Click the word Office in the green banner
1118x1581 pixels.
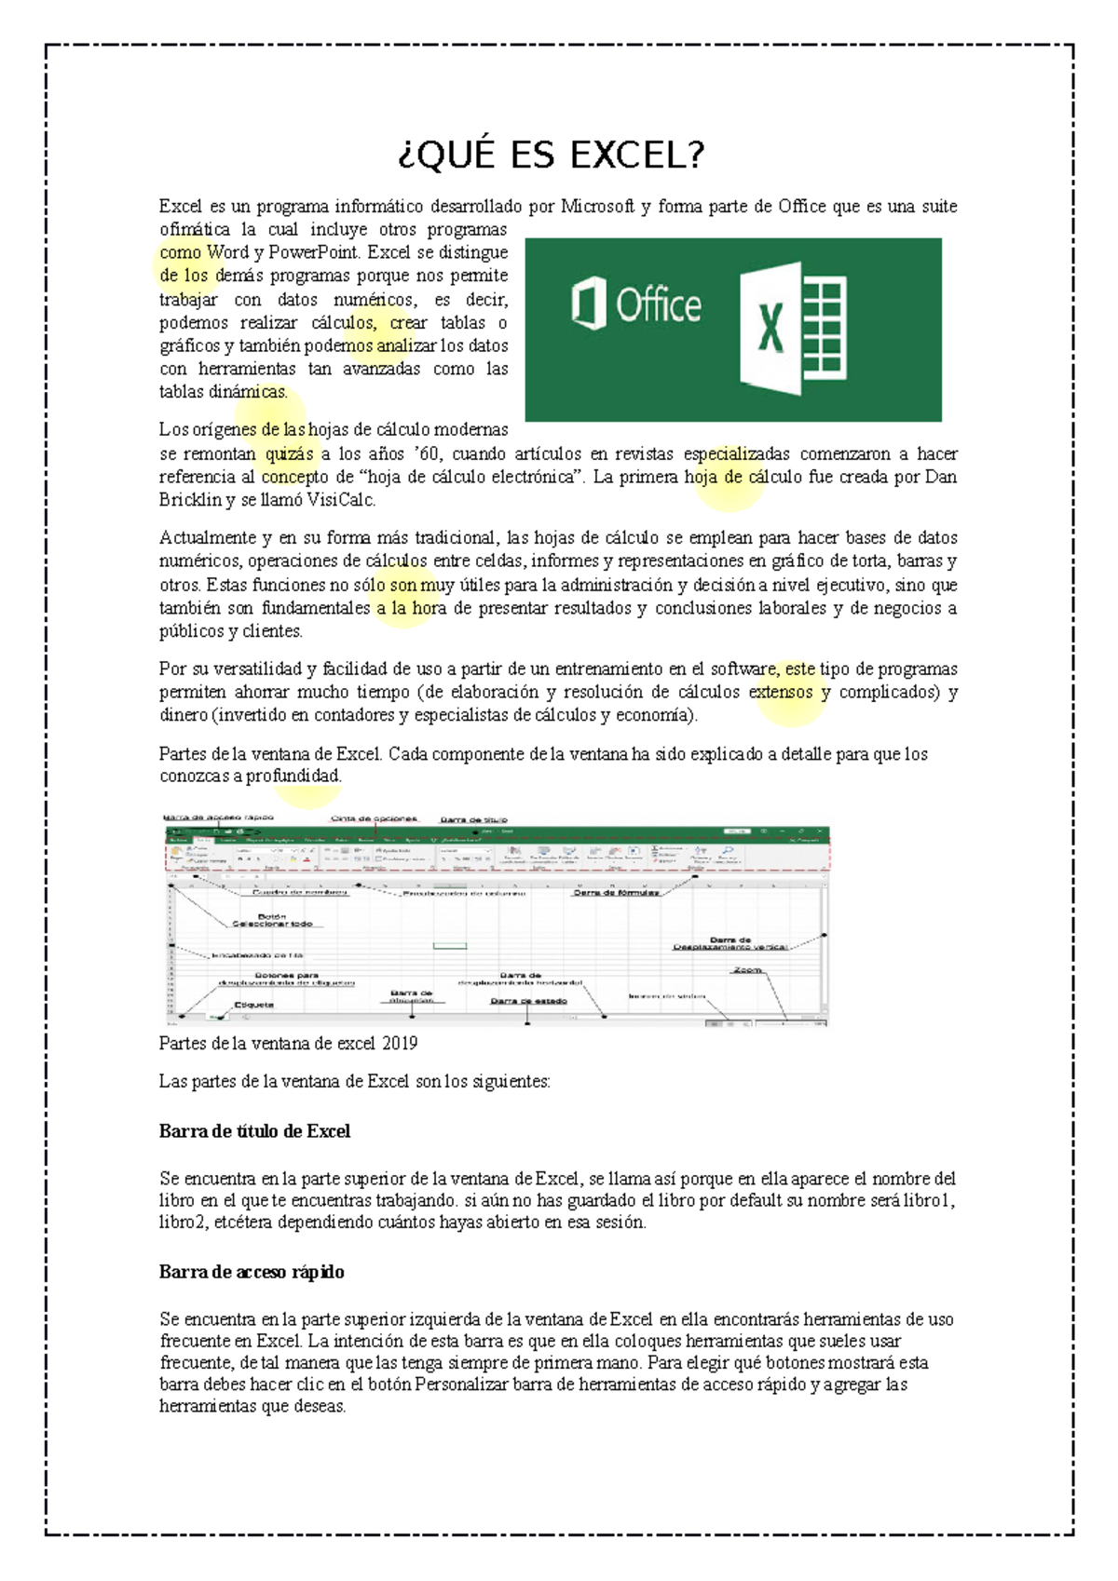coord(658,305)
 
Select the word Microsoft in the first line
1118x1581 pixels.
coord(597,207)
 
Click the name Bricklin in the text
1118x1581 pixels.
coord(190,500)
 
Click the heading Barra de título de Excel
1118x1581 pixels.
coord(254,1131)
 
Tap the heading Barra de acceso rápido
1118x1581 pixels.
coord(252,1272)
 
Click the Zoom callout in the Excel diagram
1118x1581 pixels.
coord(747,970)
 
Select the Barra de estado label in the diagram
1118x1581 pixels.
coord(528,1001)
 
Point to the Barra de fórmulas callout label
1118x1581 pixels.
coord(616,892)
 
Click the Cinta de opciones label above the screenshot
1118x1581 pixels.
coord(374,819)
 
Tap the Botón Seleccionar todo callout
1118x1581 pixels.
coord(272,920)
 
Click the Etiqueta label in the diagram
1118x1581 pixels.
coord(253,1005)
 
